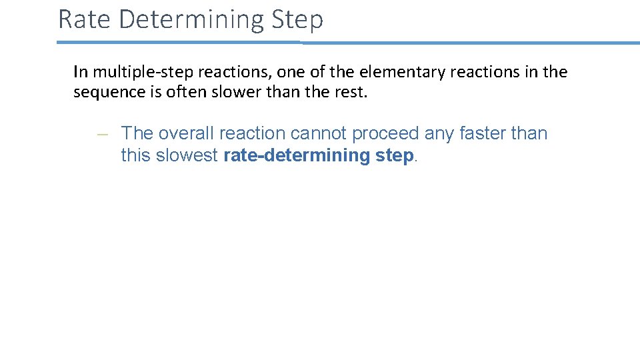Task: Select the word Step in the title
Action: click(x=298, y=19)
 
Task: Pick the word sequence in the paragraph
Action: click(x=107, y=92)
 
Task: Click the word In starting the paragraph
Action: click(x=80, y=71)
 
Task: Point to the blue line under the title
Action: click(x=347, y=43)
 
